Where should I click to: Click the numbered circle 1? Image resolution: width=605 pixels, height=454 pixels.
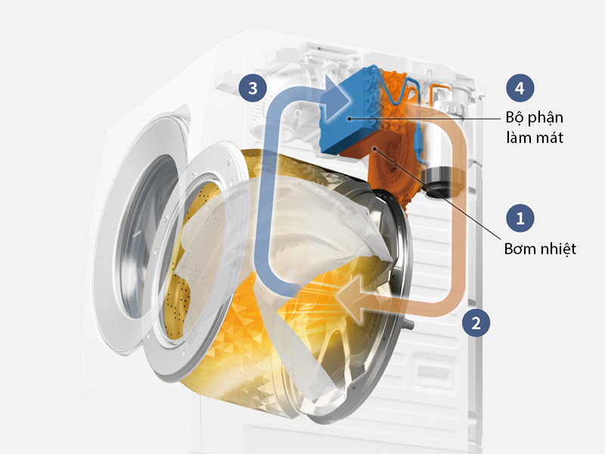(x=520, y=218)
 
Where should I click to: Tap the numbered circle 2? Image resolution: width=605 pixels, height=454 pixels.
(x=476, y=322)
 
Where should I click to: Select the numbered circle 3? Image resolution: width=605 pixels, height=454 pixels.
(x=253, y=88)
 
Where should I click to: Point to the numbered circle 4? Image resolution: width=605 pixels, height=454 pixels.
(x=520, y=88)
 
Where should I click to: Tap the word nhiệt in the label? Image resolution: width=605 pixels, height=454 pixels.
(x=558, y=249)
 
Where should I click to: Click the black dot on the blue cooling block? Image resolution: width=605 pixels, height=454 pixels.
(x=349, y=119)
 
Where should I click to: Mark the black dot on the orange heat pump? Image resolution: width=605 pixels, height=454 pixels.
(x=374, y=148)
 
